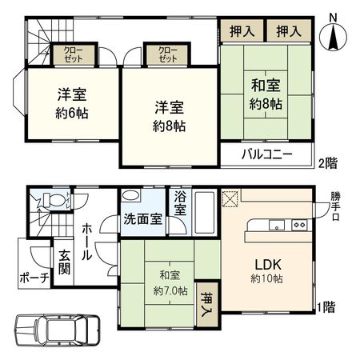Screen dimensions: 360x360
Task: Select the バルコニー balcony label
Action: [x=268, y=155]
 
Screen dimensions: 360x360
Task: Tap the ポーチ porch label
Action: [x=35, y=278]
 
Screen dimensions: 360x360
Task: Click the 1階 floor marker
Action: [x=326, y=306]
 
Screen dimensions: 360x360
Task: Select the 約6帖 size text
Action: [x=72, y=112]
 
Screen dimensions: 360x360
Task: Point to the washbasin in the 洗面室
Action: [x=132, y=198]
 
